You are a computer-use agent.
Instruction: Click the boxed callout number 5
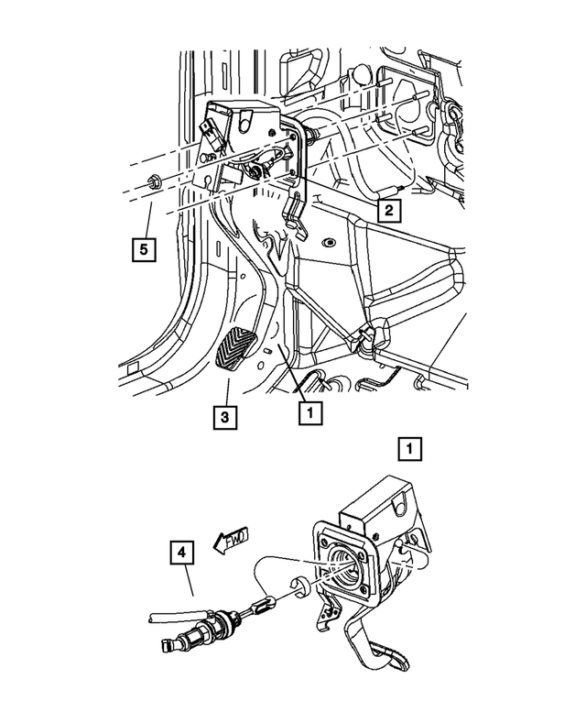click(142, 246)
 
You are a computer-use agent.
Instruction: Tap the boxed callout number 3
click(225, 417)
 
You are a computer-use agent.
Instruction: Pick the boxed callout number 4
click(181, 554)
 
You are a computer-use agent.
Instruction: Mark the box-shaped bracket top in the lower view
click(371, 509)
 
